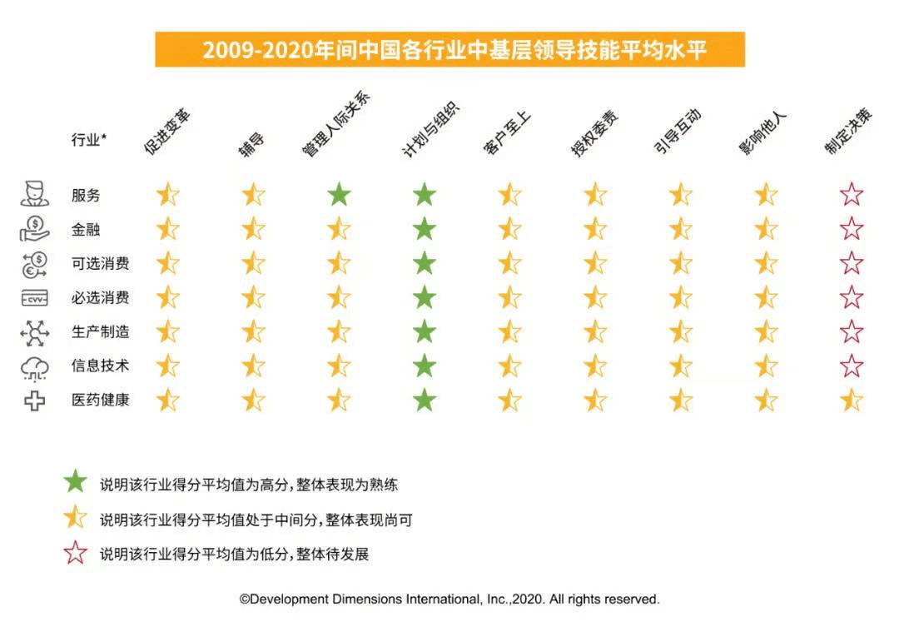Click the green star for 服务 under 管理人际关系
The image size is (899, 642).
[339, 195]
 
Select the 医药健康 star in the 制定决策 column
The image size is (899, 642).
[852, 401]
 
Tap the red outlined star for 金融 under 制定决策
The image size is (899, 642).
[852, 229]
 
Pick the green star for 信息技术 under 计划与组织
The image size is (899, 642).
[425, 366]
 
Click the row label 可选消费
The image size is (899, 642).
[100, 264]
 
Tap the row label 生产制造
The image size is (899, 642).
[100, 332]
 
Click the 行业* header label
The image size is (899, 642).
[88, 140]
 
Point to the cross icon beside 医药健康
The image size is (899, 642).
[34, 401]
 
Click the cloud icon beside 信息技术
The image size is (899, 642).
[34, 366]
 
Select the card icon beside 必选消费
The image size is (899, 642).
[34, 298]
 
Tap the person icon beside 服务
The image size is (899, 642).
[34, 195]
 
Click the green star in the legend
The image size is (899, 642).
[76, 481]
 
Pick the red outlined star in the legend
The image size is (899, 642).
[76, 552]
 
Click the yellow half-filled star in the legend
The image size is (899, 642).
[76, 517]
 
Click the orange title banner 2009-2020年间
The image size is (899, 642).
[449, 50]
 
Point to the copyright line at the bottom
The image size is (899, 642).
[449, 599]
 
